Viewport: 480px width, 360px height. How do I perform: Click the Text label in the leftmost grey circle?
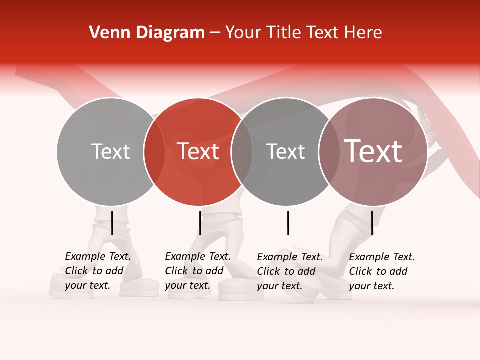click(110, 151)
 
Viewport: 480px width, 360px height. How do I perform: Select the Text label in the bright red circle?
click(198, 151)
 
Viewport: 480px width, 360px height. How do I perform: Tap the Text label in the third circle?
click(285, 151)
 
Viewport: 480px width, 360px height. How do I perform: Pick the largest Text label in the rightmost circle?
click(373, 151)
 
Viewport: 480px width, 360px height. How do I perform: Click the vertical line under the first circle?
click(112, 223)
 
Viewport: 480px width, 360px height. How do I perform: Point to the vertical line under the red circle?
click(200, 223)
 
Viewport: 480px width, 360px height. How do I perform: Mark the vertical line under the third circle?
click(288, 223)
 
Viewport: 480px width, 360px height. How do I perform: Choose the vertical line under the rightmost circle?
click(372, 223)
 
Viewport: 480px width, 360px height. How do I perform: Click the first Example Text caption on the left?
click(98, 271)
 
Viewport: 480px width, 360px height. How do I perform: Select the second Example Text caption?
click(198, 271)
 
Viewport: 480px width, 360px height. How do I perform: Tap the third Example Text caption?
click(290, 271)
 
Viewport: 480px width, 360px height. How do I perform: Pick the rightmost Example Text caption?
click(382, 271)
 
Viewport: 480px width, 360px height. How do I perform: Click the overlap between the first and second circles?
click(154, 152)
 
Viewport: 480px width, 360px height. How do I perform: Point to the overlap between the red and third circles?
click(242, 152)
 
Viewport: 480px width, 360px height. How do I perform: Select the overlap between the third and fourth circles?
click(329, 152)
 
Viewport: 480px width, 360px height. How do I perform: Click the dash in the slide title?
click(215, 33)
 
